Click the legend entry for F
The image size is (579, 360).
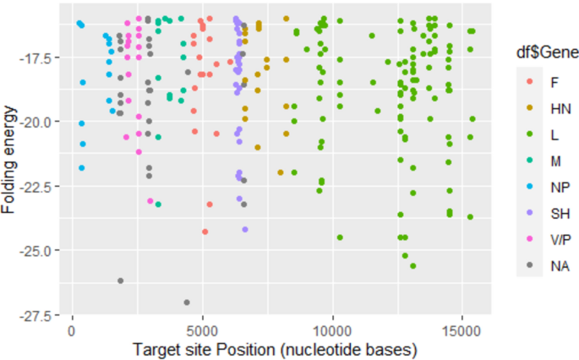[529, 83]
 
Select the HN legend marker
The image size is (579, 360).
[529, 108]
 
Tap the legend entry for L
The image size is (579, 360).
[529, 134]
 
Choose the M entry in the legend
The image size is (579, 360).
[529, 159]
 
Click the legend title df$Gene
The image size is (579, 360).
[547, 53]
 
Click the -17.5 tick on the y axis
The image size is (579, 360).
[38, 57]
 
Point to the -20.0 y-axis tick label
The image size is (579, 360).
[38, 122]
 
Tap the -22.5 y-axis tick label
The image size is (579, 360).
[38, 186]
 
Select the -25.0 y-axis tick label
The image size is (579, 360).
[38, 250]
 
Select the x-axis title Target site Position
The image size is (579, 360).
[276, 348]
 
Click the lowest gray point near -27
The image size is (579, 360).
[187, 303]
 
